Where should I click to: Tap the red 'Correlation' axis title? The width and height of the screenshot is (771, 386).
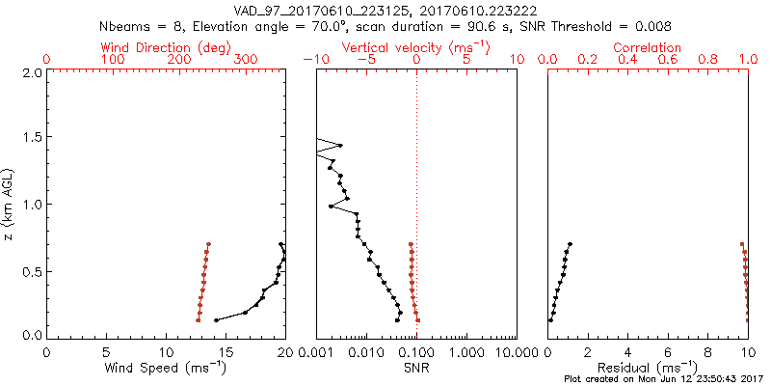click(648, 47)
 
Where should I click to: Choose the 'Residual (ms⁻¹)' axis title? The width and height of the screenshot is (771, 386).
click(648, 368)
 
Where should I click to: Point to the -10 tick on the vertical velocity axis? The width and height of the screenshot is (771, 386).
click(315, 60)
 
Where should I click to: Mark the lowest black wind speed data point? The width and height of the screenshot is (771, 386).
click(216, 319)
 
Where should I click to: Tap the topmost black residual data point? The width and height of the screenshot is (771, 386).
click(571, 244)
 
